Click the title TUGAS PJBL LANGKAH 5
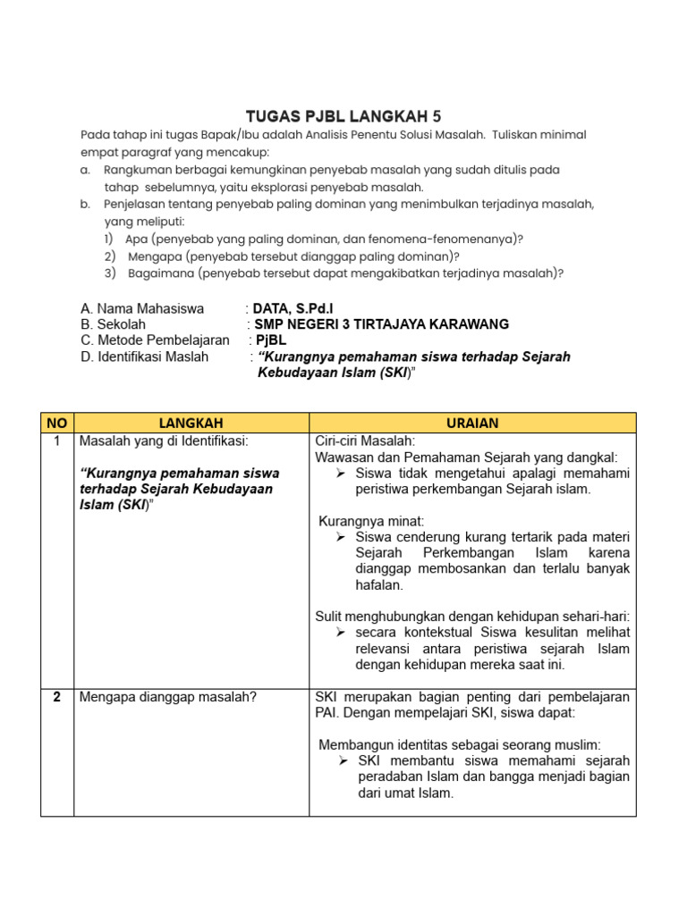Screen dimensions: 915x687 [343, 116]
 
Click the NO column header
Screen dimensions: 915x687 [56, 423]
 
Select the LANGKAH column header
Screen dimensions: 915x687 [191, 423]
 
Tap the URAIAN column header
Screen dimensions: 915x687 [472, 423]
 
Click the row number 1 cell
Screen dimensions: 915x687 [56, 441]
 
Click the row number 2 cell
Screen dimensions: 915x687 [56, 697]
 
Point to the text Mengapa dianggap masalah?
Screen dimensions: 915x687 [167, 697]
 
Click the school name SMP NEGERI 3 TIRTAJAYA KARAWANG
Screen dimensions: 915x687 [382, 324]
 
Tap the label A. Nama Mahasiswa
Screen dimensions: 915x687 [142, 308]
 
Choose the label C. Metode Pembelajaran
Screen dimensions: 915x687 [155, 340]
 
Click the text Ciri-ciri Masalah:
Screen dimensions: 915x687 [365, 441]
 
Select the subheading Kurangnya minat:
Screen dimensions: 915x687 [371, 520]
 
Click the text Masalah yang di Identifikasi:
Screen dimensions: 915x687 [164, 441]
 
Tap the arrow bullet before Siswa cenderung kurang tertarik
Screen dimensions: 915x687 [341, 537]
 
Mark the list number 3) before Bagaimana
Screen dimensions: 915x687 [110, 273]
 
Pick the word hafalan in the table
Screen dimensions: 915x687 [379, 585]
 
